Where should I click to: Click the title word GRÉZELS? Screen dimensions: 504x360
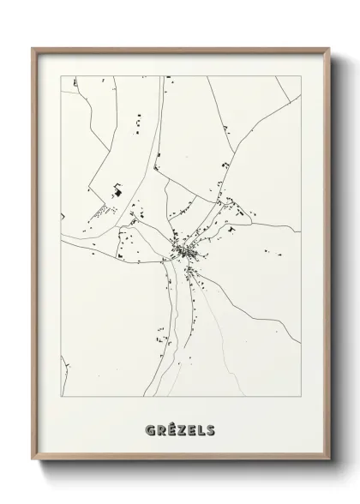(x=181, y=429)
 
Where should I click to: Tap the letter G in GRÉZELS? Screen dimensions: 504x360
(x=152, y=429)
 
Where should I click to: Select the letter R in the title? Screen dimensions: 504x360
(x=162, y=429)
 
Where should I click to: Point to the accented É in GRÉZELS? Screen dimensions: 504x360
(x=171, y=429)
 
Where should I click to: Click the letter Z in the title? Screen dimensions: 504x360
(x=182, y=429)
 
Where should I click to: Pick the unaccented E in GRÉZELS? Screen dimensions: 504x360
(x=191, y=429)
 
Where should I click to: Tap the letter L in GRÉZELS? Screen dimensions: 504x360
(x=201, y=429)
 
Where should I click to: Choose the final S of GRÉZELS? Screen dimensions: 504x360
(x=210, y=429)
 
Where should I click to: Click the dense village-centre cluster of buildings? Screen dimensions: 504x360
(x=187, y=251)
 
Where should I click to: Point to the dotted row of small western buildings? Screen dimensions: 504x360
(x=102, y=209)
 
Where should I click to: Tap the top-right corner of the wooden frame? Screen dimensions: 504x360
(x=328, y=48)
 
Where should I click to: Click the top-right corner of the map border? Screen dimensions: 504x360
(x=300, y=76)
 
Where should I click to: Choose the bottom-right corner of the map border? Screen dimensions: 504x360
(x=300, y=396)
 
